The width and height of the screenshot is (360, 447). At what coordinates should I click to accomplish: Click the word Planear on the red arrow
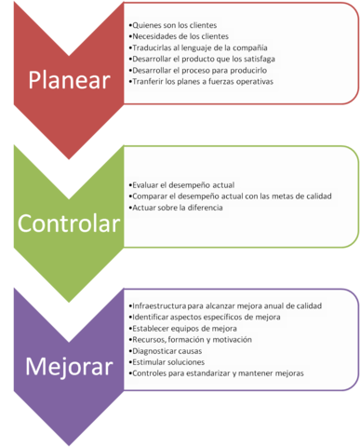[x=69, y=79]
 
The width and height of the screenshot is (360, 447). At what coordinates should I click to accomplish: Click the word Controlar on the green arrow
[x=69, y=223]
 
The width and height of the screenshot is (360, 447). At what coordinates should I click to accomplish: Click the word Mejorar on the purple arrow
[x=69, y=363]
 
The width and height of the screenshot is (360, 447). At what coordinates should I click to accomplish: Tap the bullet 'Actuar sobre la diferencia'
[x=178, y=208]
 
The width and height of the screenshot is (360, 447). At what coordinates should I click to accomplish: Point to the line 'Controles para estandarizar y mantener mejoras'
[x=217, y=373]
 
